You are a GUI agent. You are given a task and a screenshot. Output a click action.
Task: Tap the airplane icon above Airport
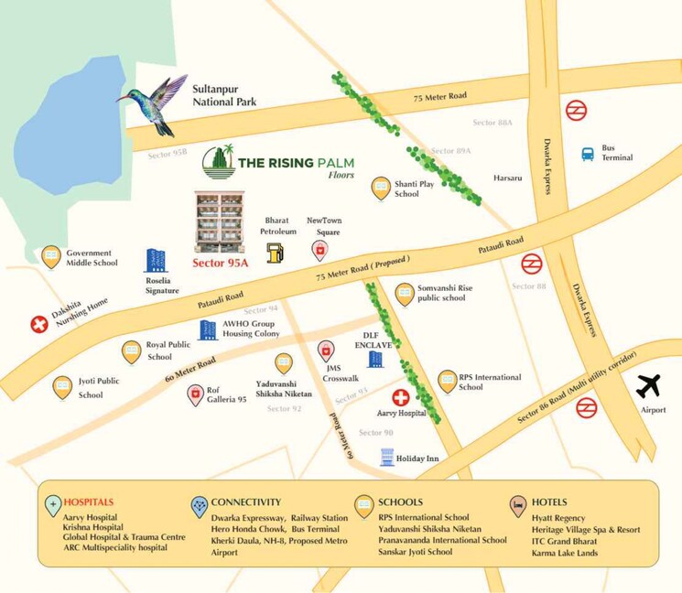click(x=649, y=386)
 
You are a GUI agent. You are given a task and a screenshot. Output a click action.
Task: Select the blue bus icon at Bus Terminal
click(x=588, y=154)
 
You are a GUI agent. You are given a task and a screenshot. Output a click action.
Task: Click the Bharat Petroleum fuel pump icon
click(x=275, y=253)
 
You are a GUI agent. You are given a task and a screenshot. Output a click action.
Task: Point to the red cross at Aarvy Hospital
click(x=401, y=397)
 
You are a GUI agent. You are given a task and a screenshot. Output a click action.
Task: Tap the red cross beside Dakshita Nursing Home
click(x=39, y=324)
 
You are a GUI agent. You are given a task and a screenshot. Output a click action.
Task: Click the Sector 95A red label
click(x=221, y=262)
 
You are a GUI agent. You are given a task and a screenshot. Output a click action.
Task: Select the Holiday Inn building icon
click(x=386, y=458)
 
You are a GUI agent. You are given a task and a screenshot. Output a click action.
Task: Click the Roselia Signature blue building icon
click(x=157, y=262)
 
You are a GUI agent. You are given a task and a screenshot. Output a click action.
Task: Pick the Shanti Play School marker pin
click(x=380, y=189)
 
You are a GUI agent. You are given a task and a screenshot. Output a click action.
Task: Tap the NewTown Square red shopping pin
click(x=320, y=250)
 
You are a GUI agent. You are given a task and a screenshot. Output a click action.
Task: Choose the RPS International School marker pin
click(x=448, y=381)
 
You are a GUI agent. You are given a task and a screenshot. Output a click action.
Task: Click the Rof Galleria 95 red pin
click(x=195, y=394)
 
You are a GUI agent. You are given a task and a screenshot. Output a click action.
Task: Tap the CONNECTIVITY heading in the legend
click(x=245, y=502)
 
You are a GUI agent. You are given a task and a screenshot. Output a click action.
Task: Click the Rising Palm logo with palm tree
click(x=218, y=162)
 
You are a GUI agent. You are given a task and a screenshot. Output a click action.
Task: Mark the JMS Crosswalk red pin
click(x=326, y=350)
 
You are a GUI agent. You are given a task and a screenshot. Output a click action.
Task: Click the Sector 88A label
click(x=493, y=123)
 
